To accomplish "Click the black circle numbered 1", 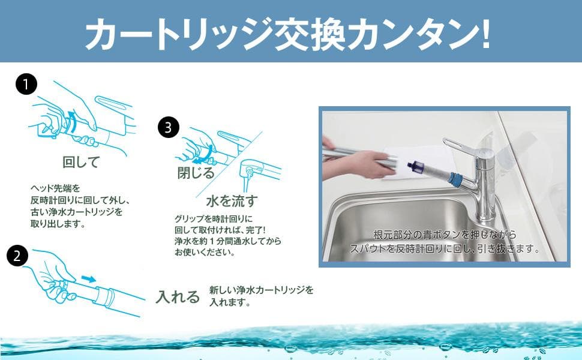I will [x=26, y=85].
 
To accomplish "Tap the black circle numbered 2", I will [x=18, y=256].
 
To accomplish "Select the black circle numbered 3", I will [x=169, y=127].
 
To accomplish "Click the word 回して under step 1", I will [x=80, y=162].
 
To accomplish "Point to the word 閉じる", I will [x=196, y=173].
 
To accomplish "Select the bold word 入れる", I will [x=178, y=296].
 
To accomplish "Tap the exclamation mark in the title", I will [x=485, y=35].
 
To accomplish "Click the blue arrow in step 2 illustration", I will [x=88, y=279].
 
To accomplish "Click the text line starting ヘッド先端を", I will [x=58, y=188].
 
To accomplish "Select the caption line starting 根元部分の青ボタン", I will [x=444, y=235].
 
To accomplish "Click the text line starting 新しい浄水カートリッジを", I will [x=261, y=290].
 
